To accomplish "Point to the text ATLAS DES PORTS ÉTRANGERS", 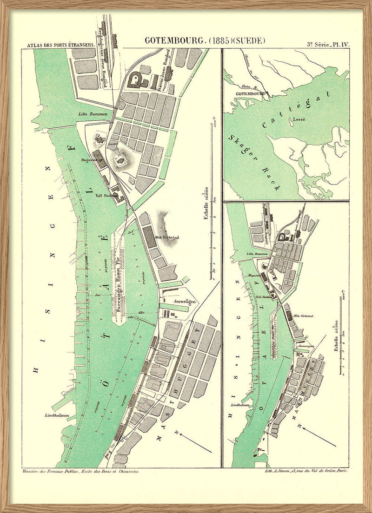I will pos(60,46).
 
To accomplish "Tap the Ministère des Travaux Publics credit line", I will pos(80,471).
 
